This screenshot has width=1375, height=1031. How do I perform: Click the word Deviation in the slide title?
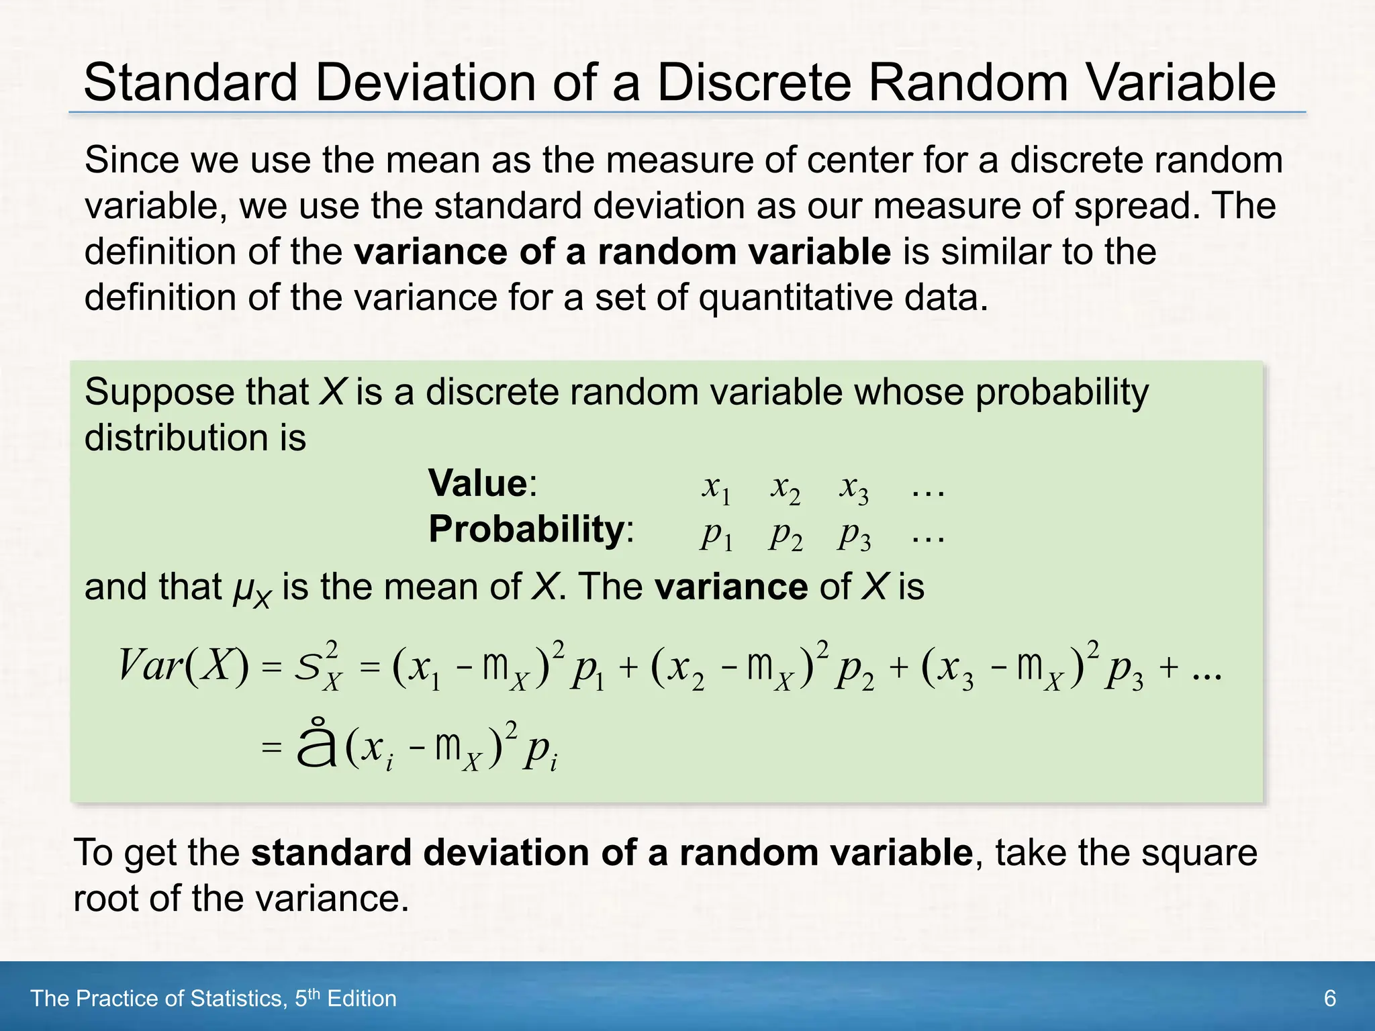click(426, 83)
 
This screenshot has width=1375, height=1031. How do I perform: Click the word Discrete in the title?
click(755, 83)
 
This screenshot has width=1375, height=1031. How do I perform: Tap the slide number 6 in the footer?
click(1329, 999)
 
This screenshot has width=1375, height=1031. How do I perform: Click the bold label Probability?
click(531, 529)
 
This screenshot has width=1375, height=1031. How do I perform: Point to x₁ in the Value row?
click(716, 487)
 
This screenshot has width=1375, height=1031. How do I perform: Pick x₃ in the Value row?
click(853, 487)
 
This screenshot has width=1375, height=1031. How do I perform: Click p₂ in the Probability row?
click(786, 535)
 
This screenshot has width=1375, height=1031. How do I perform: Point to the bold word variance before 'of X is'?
click(731, 587)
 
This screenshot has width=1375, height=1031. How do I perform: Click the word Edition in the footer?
click(362, 999)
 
